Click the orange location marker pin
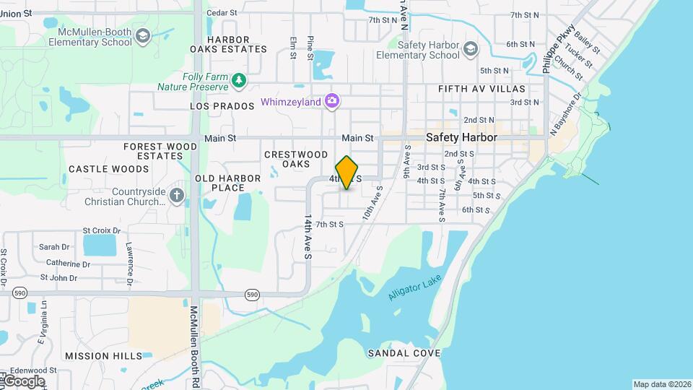click(x=347, y=173)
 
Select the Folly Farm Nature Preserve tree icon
click(x=239, y=79)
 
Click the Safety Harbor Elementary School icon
click(x=471, y=49)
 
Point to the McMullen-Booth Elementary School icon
click(x=143, y=36)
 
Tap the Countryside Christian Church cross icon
click(x=178, y=196)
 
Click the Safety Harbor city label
click(x=461, y=136)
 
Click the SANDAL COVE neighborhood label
click(x=404, y=353)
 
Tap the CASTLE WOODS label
click(x=109, y=169)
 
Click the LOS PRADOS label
click(x=222, y=106)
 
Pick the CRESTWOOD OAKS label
click(x=296, y=159)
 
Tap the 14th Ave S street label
click(x=308, y=237)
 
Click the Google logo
click(x=23, y=381)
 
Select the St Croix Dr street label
click(x=100, y=230)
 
